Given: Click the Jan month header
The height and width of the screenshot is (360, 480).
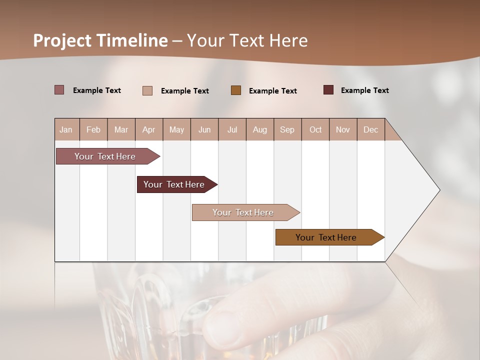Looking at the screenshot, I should [66, 129].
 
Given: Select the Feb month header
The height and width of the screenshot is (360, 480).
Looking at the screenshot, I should [93, 129].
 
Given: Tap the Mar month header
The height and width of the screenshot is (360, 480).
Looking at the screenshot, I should [121, 129].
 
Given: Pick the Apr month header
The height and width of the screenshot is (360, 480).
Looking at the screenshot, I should [149, 129].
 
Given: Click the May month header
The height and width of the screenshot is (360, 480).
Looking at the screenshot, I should [176, 129].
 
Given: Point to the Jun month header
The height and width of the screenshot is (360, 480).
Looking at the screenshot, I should [204, 129].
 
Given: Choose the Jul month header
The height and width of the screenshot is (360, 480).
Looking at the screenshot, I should [232, 129].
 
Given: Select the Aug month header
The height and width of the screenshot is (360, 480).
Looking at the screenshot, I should [260, 129].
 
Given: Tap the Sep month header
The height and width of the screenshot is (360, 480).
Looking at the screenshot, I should [287, 129].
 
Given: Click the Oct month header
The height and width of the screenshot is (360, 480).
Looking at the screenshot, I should [315, 129].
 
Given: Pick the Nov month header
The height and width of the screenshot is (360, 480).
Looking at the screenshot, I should [343, 129].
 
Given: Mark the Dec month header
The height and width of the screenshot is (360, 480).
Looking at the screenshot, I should [371, 129].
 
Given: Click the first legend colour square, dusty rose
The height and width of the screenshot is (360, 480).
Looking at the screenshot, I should [59, 90].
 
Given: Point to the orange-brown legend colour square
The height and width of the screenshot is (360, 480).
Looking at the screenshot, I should [236, 90].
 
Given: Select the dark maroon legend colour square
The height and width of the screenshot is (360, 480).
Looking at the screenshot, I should [328, 90].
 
